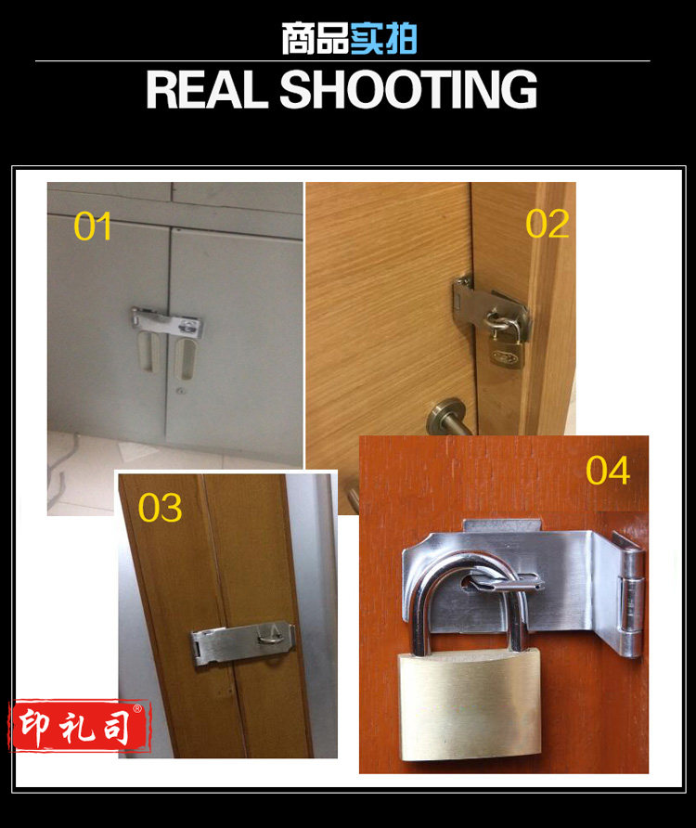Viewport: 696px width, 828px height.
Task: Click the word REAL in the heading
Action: coord(206,90)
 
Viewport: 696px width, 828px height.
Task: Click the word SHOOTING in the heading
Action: coord(408,90)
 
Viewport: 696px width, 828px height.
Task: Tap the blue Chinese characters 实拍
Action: coord(383,39)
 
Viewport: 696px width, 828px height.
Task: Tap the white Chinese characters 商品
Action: coord(316,39)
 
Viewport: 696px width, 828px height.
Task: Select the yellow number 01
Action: coord(93,226)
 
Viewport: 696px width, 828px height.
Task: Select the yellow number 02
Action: coord(548,224)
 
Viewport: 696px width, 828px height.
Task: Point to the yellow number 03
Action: coord(160,508)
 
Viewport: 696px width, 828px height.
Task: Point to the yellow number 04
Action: coord(608,471)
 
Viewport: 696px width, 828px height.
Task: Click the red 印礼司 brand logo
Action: coord(80,726)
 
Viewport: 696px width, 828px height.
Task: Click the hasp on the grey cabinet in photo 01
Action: coord(167,321)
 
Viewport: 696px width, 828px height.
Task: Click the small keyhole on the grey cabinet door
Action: coord(182,393)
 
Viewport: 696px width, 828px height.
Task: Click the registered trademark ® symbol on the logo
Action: coord(137,708)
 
